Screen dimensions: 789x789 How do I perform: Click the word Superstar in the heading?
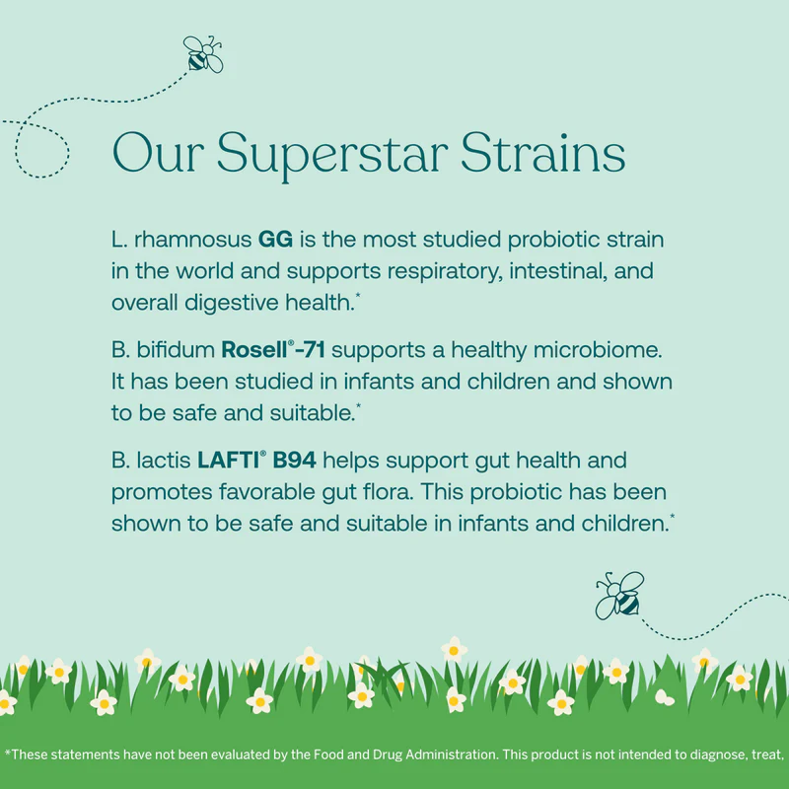[332, 155]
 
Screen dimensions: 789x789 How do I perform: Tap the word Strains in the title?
[543, 153]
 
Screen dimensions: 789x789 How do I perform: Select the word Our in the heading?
[158, 153]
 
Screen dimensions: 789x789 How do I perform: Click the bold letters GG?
[275, 239]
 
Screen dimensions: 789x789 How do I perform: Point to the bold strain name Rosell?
[254, 350]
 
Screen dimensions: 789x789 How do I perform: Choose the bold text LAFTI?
[229, 460]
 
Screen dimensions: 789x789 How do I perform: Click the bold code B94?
[294, 460]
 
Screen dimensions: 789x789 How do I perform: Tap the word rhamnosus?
[192, 239]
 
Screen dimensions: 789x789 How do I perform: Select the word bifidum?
[176, 350]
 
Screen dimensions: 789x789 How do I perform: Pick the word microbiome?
[598, 350]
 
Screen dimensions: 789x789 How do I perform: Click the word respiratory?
[446, 272]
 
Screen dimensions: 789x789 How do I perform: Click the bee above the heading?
[203, 54]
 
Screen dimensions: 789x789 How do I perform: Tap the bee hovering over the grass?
[620, 596]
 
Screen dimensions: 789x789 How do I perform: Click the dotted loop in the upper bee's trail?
[41, 150]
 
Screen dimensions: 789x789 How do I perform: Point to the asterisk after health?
[358, 294]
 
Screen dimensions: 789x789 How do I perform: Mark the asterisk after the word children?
[673, 515]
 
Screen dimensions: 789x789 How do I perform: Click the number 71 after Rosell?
[314, 350]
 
